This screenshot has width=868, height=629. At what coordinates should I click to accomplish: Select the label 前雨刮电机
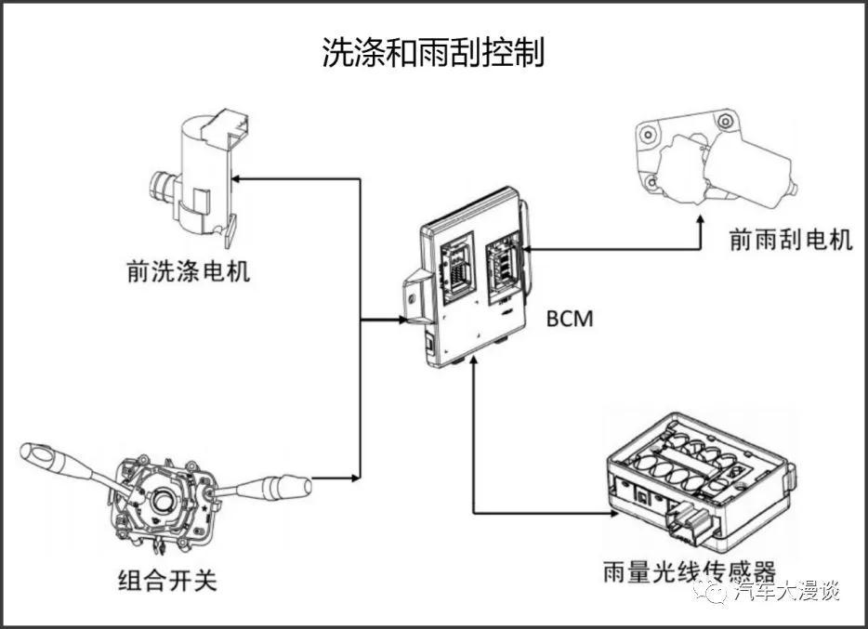coord(790,240)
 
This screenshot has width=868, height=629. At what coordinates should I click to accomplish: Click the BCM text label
coord(570,320)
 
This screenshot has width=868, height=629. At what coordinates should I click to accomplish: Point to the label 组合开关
coord(168,581)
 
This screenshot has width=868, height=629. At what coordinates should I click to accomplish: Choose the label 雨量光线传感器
coord(689,570)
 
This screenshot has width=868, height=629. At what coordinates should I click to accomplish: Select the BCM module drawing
coord(469,279)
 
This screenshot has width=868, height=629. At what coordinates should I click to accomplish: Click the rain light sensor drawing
coord(697,483)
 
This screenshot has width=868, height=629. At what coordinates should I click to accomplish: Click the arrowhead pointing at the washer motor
coord(241,175)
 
